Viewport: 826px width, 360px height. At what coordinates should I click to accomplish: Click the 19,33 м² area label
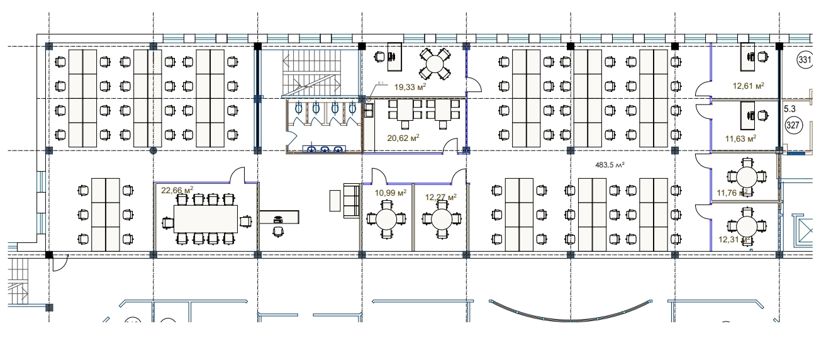point(410,87)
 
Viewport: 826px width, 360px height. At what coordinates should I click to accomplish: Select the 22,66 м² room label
point(177,190)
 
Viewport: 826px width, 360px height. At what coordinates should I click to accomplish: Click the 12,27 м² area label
point(440,196)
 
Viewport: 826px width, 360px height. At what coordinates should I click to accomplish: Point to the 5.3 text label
point(790,109)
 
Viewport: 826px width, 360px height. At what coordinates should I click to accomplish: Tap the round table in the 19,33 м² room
point(435,62)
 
